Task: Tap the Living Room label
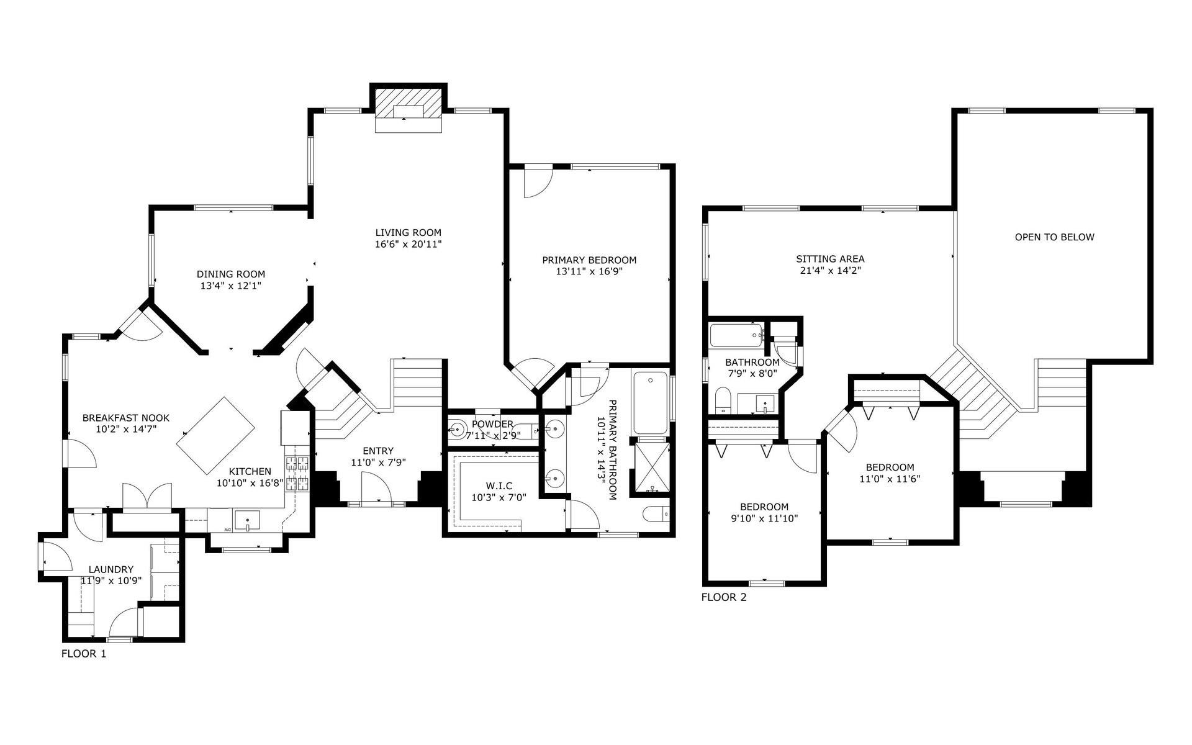(408, 233)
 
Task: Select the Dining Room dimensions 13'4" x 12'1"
(230, 286)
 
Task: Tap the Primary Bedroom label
(589, 260)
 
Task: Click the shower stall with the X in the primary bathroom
(651, 466)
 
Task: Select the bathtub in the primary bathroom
(650, 402)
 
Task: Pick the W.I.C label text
(499, 486)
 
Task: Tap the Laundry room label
(111, 569)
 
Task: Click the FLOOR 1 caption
(84, 654)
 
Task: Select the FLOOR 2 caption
(723, 597)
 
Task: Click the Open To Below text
(1054, 237)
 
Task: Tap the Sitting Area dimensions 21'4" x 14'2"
(830, 271)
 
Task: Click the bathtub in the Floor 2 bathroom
(736, 336)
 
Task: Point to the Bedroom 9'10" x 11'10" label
(764, 507)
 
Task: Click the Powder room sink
(458, 428)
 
